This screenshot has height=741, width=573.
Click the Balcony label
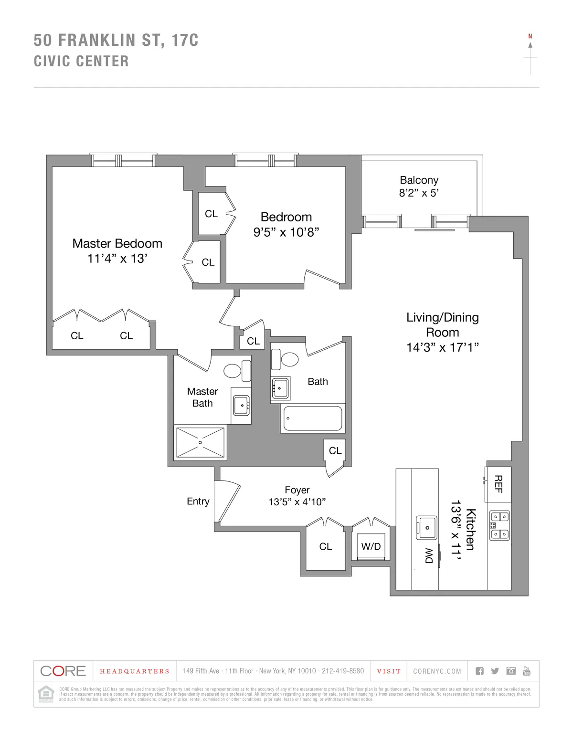pos(419,180)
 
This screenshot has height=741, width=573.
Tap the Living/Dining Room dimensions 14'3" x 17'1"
pos(442,347)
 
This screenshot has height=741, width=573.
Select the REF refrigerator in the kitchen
pos(499,484)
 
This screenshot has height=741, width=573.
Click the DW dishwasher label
pos(429,555)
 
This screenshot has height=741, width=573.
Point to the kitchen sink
pos(427,527)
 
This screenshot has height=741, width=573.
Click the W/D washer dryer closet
pos(371,546)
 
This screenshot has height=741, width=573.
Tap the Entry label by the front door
pos(198,501)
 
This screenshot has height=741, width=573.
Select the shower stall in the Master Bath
pos(200,442)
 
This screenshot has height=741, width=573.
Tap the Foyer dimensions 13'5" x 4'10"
pos(297,502)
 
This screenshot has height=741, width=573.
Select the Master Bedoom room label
pos(117,243)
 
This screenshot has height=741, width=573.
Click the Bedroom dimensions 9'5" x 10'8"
pos(286,232)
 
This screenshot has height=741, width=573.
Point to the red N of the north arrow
pos(530,36)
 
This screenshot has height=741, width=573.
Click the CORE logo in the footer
pos(63,671)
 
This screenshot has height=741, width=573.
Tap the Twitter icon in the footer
pos(495,671)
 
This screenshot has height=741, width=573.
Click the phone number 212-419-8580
pos(342,671)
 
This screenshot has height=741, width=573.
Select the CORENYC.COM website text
pos(437,671)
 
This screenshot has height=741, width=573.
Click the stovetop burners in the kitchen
pos(499,525)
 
